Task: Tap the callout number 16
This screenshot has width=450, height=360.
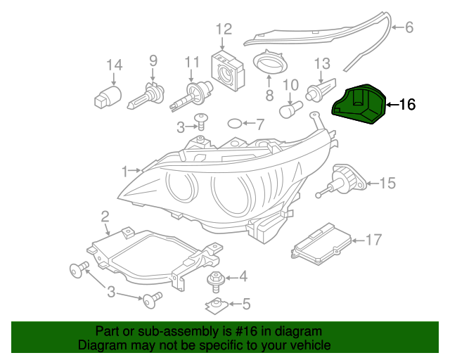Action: pyautogui.click(x=407, y=105)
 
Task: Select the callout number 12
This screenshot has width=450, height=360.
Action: pyautogui.click(x=223, y=30)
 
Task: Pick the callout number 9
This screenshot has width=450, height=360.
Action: pyautogui.click(x=153, y=61)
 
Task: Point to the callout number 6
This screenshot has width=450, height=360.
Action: pyautogui.click(x=409, y=28)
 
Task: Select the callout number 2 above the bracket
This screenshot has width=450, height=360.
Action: pyautogui.click(x=105, y=215)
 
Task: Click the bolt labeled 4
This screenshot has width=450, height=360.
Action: pyautogui.click(x=214, y=280)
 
